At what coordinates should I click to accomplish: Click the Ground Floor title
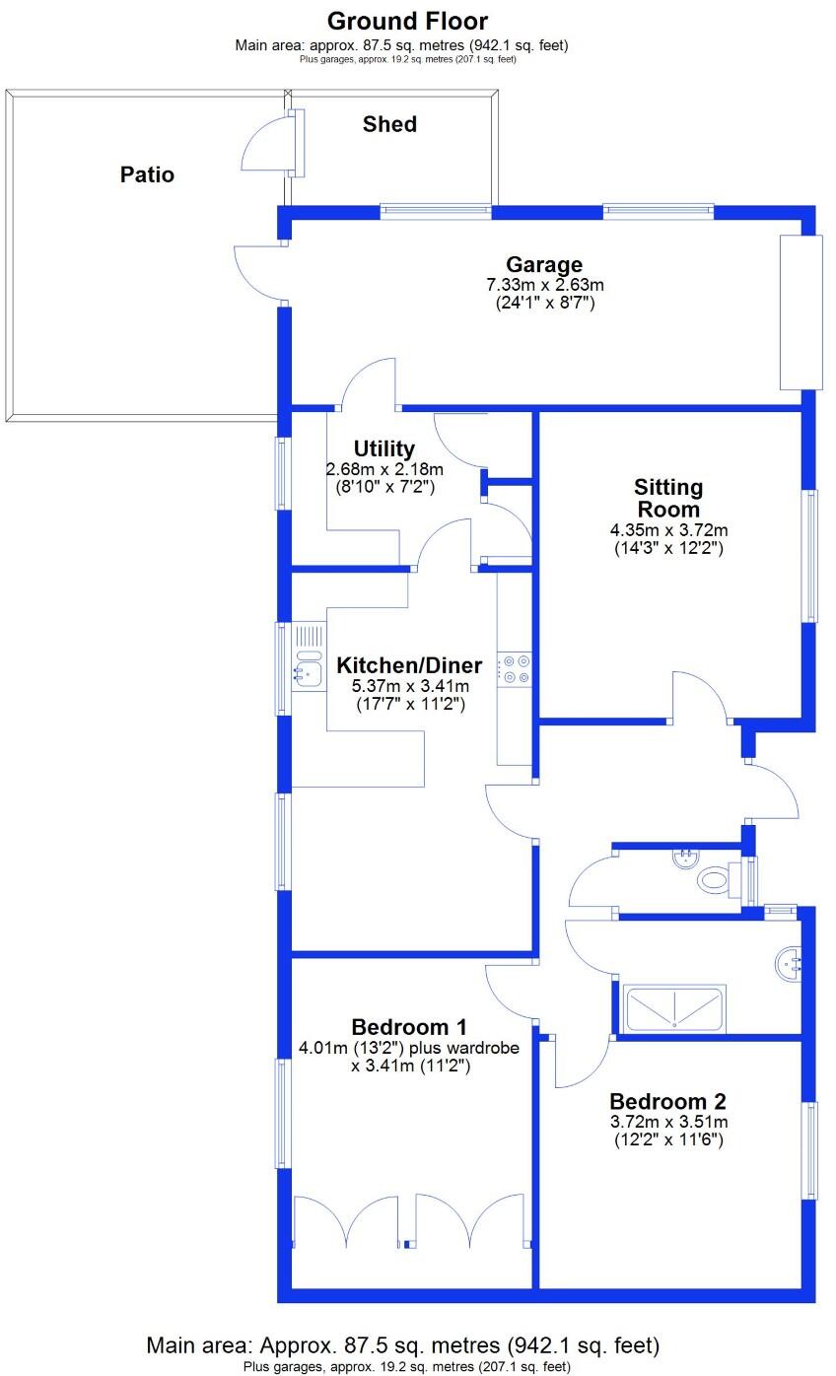point(407,21)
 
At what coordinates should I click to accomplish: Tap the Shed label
point(389,124)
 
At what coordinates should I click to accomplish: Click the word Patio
point(147,174)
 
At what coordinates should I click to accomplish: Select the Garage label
point(544,264)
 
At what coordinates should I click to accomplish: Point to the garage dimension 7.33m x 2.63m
point(544,285)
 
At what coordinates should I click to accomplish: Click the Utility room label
point(383,449)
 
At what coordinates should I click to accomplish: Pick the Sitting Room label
point(668,498)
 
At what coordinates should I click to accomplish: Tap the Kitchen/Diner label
point(409,664)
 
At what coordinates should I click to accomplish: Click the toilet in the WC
point(714,877)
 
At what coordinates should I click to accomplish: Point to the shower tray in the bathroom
point(674,1008)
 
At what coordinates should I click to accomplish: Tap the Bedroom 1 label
point(409,1026)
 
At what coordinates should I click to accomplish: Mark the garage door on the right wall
point(801,312)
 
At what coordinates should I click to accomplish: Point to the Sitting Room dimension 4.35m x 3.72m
point(668,530)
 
